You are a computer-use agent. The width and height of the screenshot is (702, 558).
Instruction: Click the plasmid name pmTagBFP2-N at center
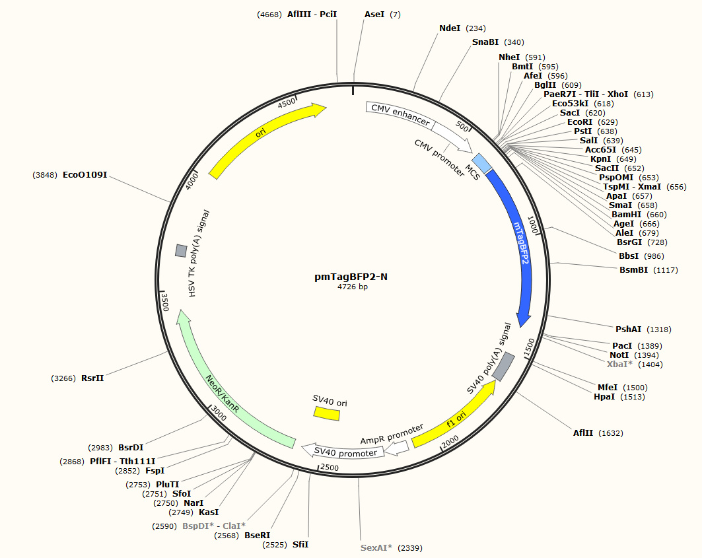point(351,277)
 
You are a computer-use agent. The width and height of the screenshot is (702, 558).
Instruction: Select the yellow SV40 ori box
point(326,413)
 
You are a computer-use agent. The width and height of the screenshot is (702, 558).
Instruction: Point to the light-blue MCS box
point(481,164)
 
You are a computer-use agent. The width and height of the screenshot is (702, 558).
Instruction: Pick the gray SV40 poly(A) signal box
point(504,366)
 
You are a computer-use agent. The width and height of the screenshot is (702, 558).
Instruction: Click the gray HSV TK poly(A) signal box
point(180,250)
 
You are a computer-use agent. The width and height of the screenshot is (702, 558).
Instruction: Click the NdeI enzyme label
point(450,28)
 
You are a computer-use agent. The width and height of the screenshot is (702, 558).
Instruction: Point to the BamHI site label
point(626,215)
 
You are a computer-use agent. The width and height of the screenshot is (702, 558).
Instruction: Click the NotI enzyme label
point(621,355)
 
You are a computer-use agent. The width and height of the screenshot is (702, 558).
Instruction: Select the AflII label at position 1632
point(583,433)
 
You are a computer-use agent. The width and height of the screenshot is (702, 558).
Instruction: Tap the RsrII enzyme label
point(92,378)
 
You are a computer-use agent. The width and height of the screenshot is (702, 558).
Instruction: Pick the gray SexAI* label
point(376,548)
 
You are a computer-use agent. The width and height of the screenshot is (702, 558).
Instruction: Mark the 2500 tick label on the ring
point(328,468)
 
